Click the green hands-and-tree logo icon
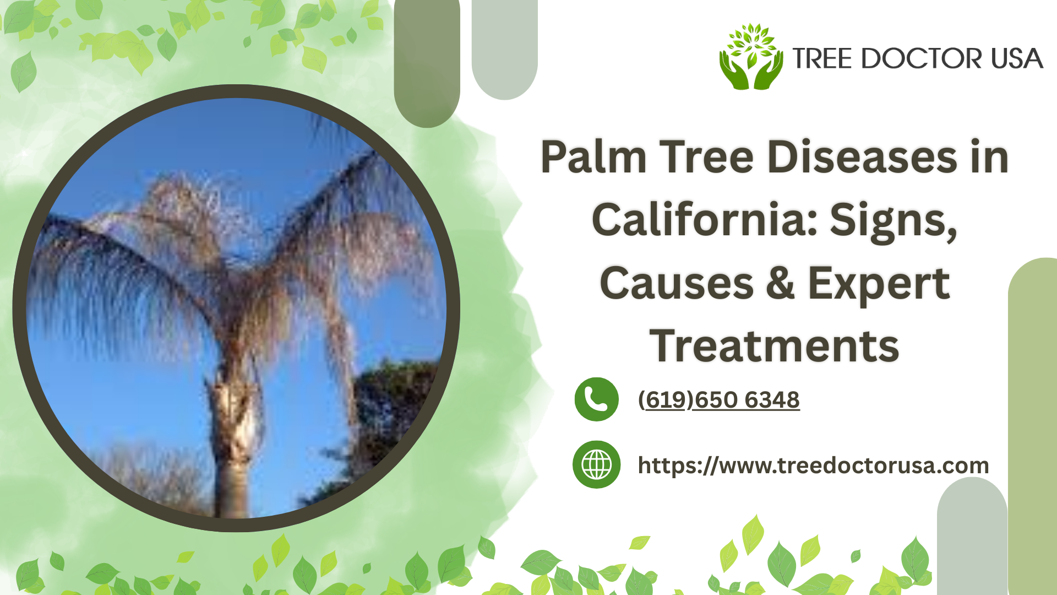coord(751,57)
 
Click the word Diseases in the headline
coord(863,157)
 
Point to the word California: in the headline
coord(704,220)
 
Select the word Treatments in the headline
coord(775,346)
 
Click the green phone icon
coord(596,399)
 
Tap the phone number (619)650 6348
coord(718,400)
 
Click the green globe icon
coord(596,464)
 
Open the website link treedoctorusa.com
coord(813,466)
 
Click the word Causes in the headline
coord(677,283)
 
